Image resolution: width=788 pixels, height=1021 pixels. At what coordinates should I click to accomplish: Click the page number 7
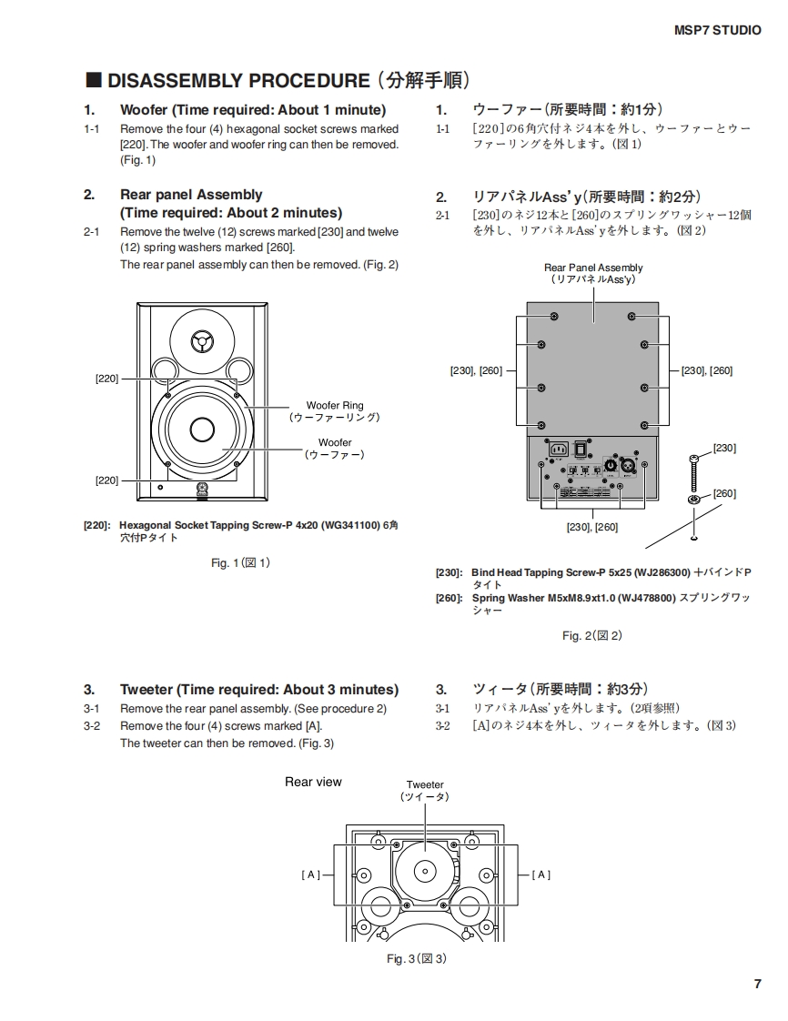coord(757,984)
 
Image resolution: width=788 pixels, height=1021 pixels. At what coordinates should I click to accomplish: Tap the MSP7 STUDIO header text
coord(717,30)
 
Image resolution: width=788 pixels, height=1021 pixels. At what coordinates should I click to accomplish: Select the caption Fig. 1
coord(240,563)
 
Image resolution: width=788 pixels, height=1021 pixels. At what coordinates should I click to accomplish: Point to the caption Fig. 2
coord(591,636)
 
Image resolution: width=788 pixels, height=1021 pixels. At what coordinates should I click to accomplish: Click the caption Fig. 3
coord(416,959)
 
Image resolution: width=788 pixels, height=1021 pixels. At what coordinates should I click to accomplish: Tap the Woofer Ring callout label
coord(334,406)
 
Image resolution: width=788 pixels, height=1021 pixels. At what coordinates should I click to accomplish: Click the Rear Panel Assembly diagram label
coord(593,268)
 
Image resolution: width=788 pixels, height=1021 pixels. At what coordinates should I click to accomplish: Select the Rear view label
coord(313,782)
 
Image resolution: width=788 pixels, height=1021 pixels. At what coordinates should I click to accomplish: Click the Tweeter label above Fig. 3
coord(425,784)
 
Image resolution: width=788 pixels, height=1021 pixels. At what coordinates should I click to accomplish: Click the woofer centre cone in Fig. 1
coord(202,429)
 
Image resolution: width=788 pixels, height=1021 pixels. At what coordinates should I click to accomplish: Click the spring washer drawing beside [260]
coord(694,500)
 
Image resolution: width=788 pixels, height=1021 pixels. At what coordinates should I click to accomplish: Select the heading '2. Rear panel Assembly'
coord(191,195)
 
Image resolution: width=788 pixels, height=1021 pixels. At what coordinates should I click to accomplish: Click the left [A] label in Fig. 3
coord(311,874)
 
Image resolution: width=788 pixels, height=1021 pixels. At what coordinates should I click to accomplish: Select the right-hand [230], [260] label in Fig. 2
coord(707,370)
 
